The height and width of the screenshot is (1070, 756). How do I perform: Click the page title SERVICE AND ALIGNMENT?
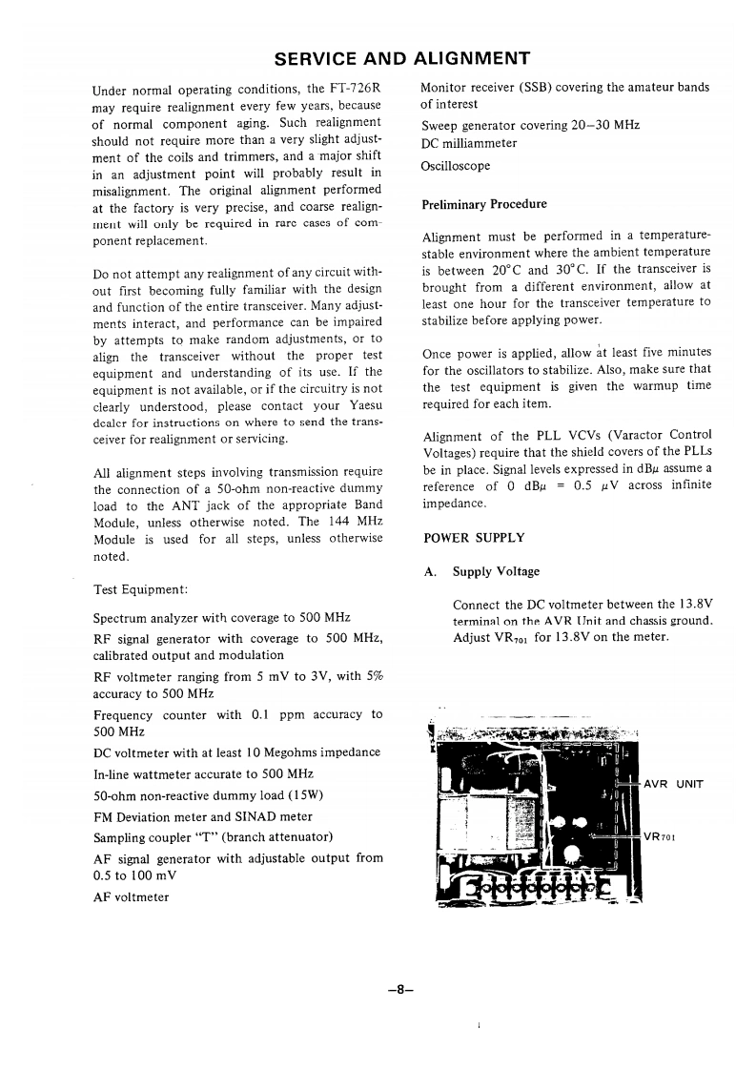[401, 58]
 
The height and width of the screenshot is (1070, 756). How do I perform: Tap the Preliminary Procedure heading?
[484, 204]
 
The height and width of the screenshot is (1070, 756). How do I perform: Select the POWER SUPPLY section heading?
[473, 538]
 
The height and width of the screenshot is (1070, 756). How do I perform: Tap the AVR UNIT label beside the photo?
[674, 784]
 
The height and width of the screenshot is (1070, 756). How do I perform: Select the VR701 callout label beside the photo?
[660, 838]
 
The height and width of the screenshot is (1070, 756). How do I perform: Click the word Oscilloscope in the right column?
[456, 166]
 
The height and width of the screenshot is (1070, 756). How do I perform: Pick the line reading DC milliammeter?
[469, 144]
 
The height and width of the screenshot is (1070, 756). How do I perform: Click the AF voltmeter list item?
[132, 897]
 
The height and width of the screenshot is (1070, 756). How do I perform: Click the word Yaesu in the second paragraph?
[358, 405]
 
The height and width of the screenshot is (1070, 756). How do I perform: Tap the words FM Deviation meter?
[154, 816]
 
